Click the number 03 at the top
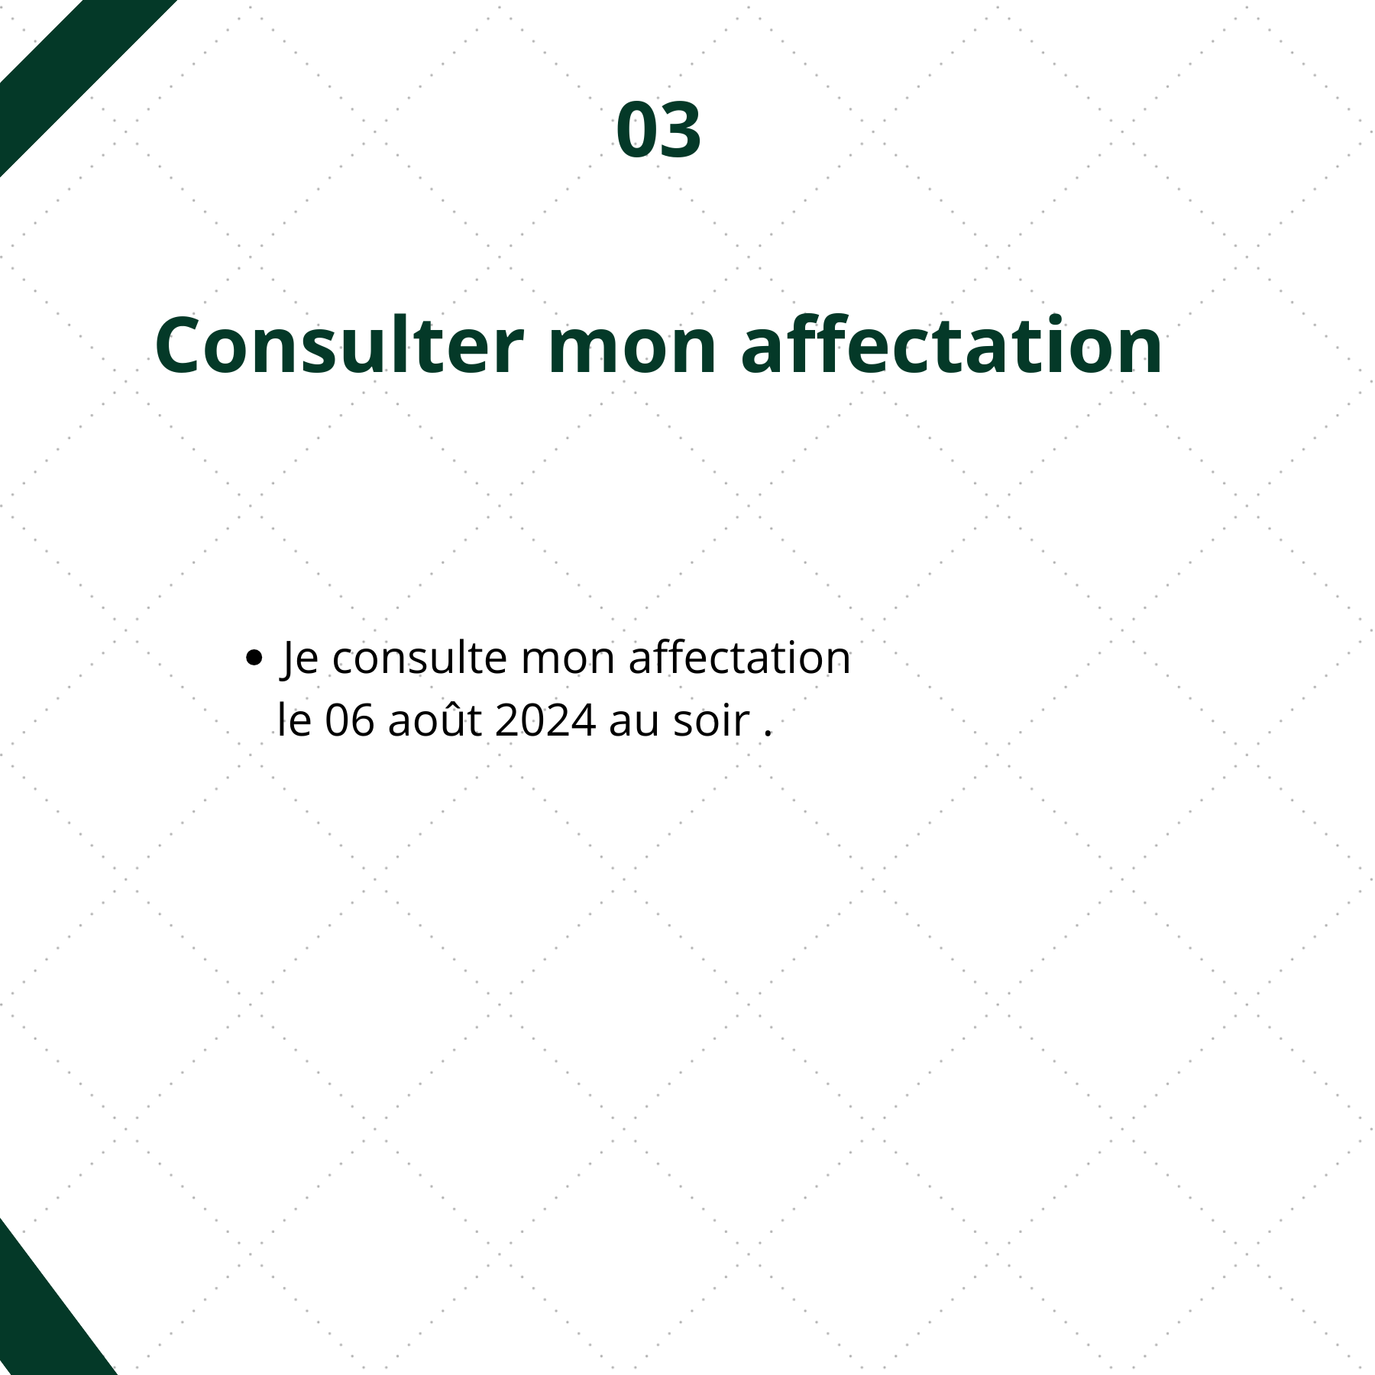click(658, 130)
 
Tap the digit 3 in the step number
click(680, 130)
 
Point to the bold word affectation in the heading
click(952, 345)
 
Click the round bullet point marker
click(254, 658)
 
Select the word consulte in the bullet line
click(419, 658)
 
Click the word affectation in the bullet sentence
click(739, 658)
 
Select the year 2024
click(545, 720)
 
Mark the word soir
click(711, 721)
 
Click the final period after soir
click(768, 734)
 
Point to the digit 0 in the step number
click(637, 130)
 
